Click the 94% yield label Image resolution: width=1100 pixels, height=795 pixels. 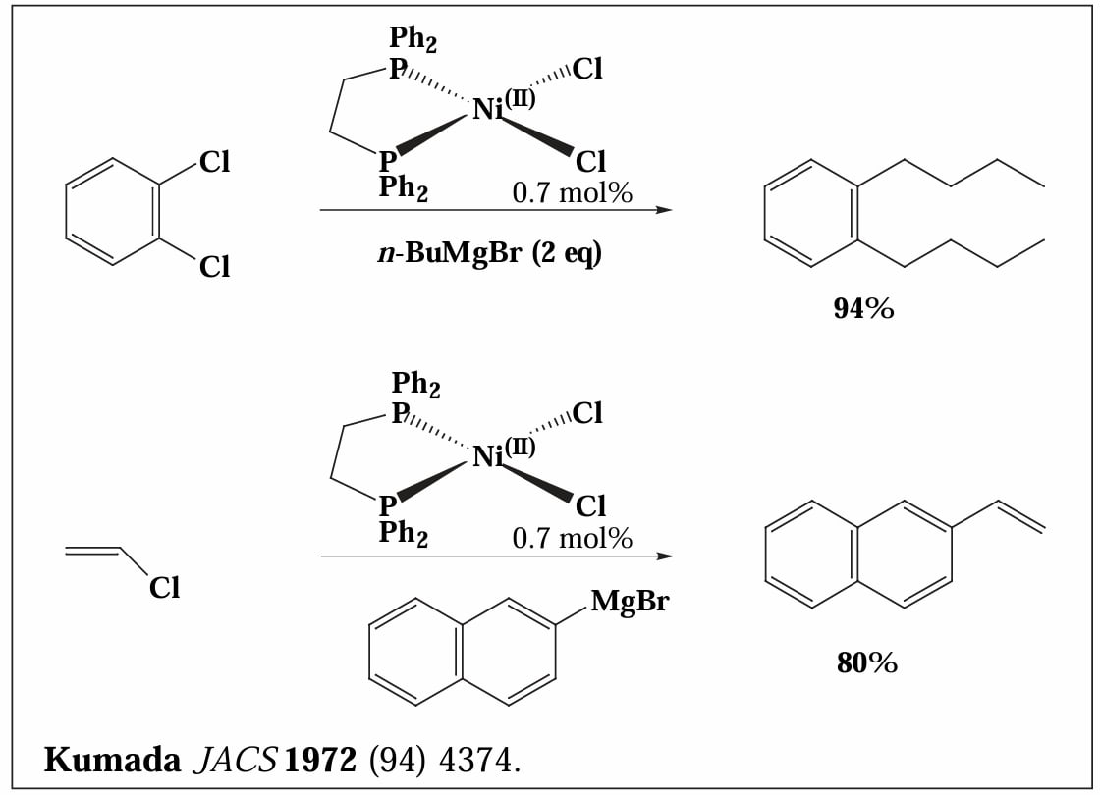863,308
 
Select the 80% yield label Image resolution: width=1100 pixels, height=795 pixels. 866,662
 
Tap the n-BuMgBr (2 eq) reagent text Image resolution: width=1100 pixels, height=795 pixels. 490,253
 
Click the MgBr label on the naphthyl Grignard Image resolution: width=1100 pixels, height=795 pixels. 630,602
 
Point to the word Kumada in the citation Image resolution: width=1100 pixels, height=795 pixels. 112,760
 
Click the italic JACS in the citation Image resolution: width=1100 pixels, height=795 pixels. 235,760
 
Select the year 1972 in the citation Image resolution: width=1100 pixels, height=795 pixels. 320,760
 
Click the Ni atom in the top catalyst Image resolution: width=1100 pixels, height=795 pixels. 487,109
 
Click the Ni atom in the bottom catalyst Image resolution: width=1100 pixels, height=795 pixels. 487,456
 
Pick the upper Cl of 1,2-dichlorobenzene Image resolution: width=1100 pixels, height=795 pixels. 215,162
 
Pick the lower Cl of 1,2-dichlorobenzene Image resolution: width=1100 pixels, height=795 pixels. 215,267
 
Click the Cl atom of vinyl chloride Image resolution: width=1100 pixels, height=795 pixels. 165,588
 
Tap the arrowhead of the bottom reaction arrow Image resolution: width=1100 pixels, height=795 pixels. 664,556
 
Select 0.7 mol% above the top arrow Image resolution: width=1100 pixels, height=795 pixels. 573,192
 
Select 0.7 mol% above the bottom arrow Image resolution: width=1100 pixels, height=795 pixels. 573,539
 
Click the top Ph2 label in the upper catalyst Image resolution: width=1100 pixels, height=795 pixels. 413,38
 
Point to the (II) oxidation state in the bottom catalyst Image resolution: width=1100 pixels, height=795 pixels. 520,447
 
